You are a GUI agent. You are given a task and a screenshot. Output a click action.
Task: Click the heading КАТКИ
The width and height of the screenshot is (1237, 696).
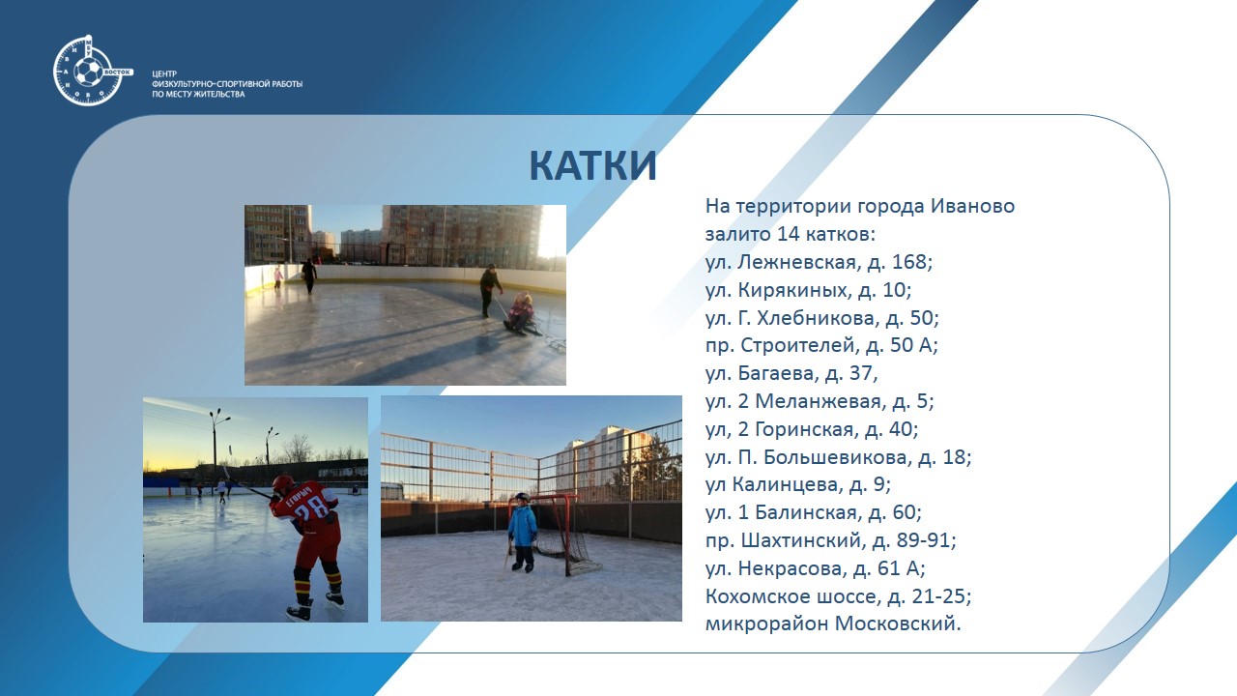coord(592,165)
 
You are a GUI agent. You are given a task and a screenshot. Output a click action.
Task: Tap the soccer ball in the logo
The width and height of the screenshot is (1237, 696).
coord(88,72)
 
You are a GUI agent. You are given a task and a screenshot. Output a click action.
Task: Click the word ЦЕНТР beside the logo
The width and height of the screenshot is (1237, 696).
coord(164,73)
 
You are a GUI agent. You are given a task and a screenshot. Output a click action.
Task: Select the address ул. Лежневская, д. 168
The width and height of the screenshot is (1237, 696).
coord(819,262)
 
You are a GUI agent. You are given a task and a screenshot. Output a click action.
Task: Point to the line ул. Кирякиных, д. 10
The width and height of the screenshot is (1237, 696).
coord(808,289)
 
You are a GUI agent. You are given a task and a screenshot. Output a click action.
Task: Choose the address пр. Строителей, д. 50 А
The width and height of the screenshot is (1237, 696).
coord(821,345)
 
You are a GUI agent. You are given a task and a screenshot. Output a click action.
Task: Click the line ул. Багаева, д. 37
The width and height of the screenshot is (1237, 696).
coord(791,373)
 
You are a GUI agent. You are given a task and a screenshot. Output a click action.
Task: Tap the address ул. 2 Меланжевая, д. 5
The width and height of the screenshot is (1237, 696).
coord(820,401)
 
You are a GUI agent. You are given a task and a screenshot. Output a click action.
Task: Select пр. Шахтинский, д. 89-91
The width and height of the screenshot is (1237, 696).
coord(830,539)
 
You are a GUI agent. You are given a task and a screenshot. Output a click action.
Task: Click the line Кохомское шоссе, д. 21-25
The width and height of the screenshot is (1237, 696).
coord(838,596)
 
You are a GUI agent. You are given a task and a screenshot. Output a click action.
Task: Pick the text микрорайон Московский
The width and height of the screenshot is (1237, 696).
coord(833,623)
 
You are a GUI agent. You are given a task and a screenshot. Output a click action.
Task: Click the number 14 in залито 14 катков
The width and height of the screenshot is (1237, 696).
coord(788,234)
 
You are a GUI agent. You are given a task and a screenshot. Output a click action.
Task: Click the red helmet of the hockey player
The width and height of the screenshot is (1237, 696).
coord(283,484)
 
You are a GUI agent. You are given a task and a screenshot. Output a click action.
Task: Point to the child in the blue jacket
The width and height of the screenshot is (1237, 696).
coord(522,532)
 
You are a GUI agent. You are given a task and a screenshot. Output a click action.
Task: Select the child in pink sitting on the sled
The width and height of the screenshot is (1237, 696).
coord(519,312)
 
